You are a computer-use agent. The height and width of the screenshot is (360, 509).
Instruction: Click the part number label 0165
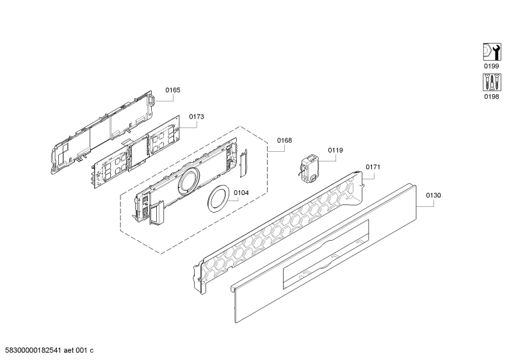pos(173,90)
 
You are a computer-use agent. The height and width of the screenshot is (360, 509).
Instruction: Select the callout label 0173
pos(197,117)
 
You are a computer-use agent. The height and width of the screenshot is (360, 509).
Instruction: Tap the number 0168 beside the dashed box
pos(284,140)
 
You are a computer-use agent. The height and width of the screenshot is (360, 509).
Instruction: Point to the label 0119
pos(335,150)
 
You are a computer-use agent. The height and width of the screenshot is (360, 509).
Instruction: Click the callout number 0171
pos(373,167)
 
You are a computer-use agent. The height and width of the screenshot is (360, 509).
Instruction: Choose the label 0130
pos(433,195)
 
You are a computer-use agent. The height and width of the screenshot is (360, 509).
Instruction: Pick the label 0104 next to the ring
pos(241,193)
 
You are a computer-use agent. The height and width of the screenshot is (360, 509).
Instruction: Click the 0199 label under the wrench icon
pos(492,66)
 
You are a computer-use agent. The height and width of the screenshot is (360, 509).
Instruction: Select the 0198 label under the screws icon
pos(492,97)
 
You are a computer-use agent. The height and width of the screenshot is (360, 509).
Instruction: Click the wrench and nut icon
pos(492,52)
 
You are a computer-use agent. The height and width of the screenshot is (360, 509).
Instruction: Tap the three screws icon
pos(492,82)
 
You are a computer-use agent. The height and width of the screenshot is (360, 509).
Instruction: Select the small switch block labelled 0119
pos(309,168)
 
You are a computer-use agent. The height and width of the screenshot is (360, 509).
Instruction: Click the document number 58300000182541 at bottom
pos(33,350)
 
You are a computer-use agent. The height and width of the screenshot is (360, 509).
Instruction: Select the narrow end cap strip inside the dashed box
pos(243,163)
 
